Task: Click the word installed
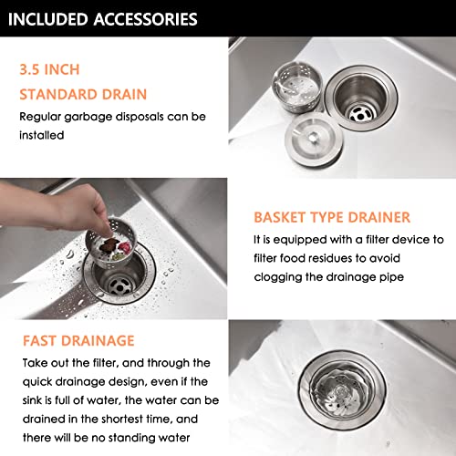[44, 135]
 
